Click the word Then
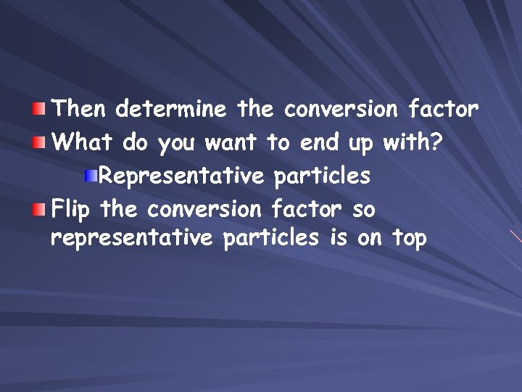(x=80, y=110)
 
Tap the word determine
(x=172, y=110)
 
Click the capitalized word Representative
(x=180, y=176)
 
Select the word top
(x=410, y=239)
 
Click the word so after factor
(x=363, y=210)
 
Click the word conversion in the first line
(x=341, y=110)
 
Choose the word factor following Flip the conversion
(x=305, y=209)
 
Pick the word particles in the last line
(x=271, y=237)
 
